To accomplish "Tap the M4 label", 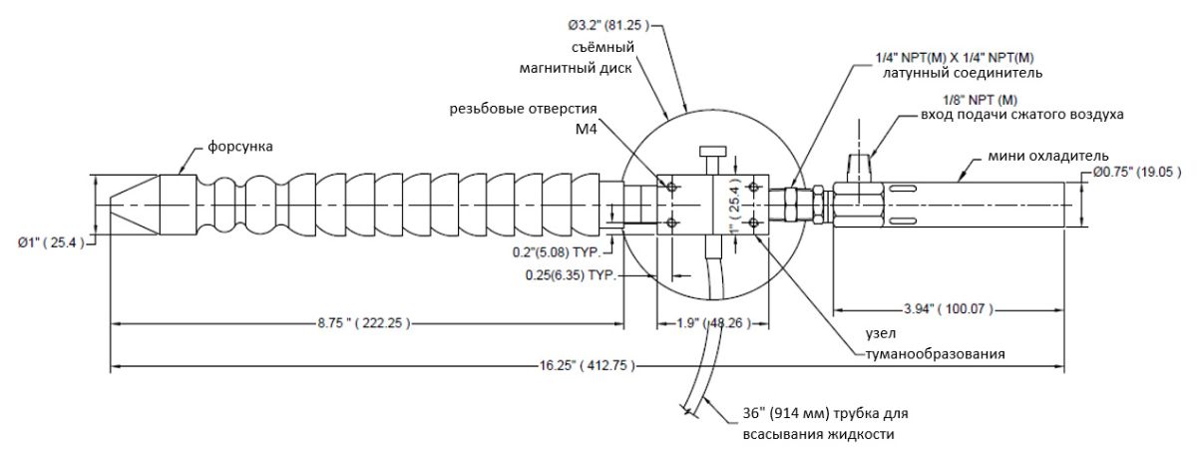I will (588, 130).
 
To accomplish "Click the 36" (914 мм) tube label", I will (824, 413).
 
